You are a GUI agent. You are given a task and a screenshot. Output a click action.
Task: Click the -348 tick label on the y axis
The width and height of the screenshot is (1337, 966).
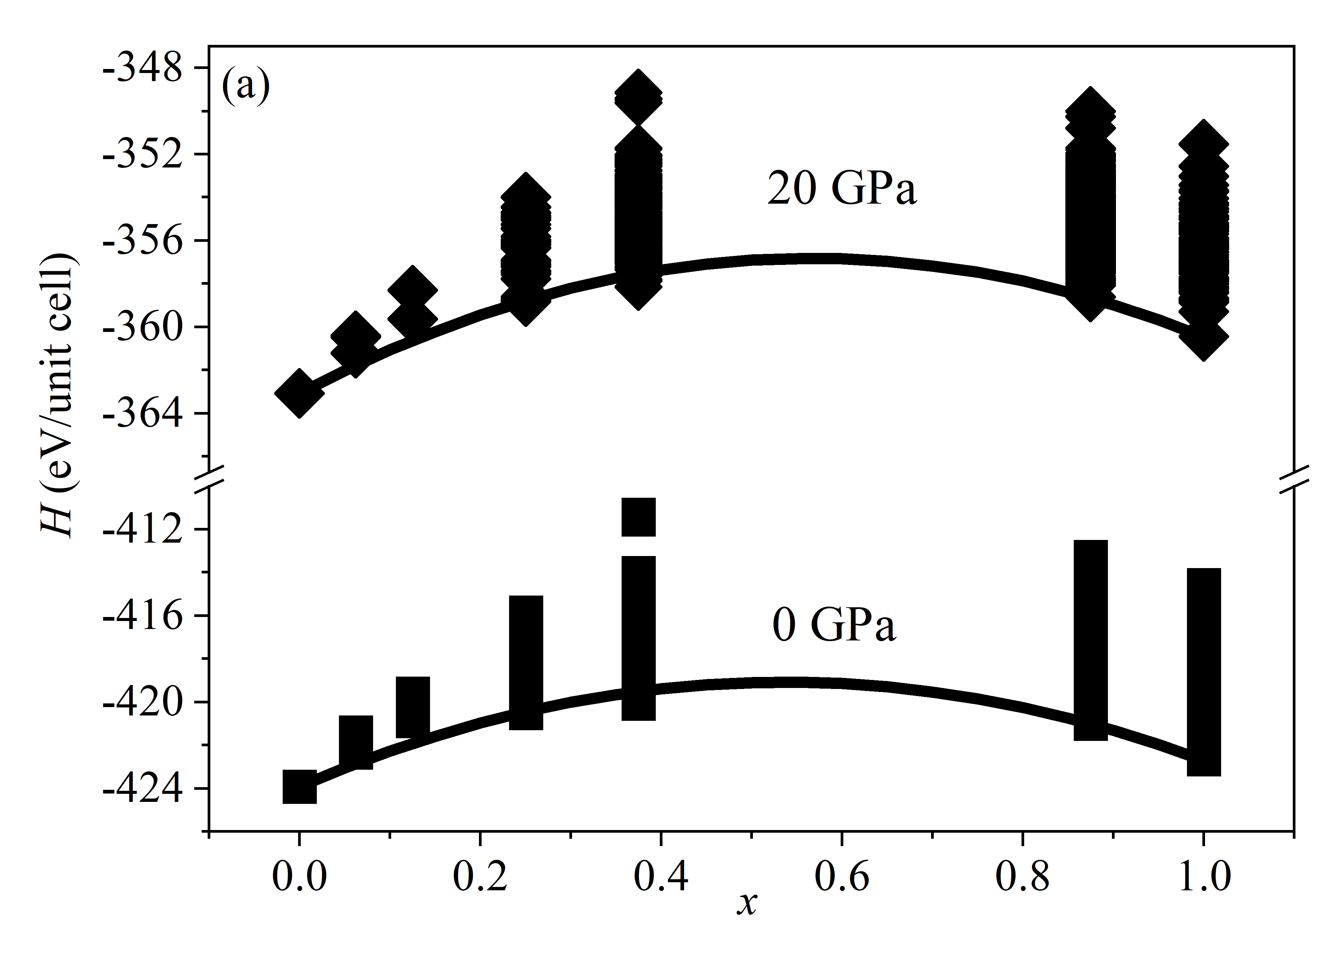[x=144, y=69]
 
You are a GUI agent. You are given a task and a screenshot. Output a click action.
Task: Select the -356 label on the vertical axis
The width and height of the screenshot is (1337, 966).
[x=144, y=241]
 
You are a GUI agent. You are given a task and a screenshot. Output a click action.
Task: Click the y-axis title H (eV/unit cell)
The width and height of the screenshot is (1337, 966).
[x=57, y=395]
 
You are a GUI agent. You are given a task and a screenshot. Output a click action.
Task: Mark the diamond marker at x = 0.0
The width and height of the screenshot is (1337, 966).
[x=299, y=394]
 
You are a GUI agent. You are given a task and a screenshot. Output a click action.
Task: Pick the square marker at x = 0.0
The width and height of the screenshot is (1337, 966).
[x=299, y=787]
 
